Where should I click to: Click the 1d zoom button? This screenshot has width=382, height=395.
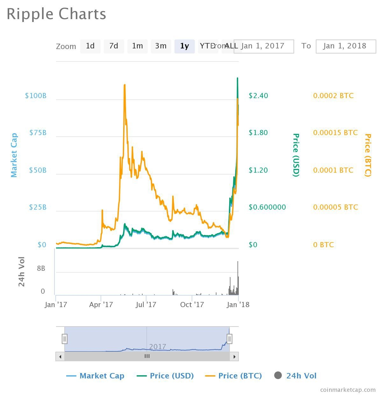click(x=90, y=46)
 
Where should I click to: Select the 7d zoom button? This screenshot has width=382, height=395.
click(x=114, y=46)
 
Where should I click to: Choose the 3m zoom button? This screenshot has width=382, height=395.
click(x=161, y=46)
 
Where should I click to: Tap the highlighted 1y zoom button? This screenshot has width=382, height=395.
click(x=185, y=46)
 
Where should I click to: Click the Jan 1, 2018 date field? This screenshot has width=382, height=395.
click(x=346, y=46)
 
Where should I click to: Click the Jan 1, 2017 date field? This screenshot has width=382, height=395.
click(x=264, y=46)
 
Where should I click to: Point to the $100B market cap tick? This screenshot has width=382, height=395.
click(x=36, y=96)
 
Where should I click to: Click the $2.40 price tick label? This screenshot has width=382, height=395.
click(x=258, y=96)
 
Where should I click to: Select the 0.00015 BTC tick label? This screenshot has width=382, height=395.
click(x=335, y=133)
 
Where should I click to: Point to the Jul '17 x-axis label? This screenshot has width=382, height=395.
click(x=146, y=305)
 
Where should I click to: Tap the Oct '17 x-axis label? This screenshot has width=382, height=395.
click(x=192, y=305)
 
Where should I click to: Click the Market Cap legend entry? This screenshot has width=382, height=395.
click(x=95, y=376)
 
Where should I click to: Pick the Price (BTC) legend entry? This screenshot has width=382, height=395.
click(x=234, y=376)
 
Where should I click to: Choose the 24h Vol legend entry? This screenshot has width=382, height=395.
click(x=295, y=376)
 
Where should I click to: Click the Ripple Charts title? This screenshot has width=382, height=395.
click(x=56, y=14)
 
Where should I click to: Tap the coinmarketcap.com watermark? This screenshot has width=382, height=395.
click(x=348, y=390)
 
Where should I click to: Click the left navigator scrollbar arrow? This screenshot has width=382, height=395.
click(x=60, y=356)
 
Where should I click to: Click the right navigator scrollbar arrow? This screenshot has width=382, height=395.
click(x=234, y=356)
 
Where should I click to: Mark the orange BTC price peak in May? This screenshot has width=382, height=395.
click(x=124, y=85)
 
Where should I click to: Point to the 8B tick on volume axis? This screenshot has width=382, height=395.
click(x=41, y=269)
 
